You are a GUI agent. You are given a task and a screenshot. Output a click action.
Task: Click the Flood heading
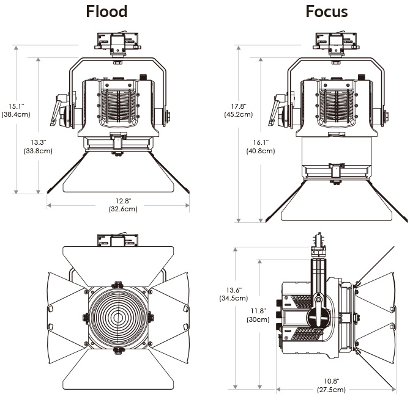point(106,12)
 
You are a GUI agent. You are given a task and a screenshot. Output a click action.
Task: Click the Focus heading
point(327,12)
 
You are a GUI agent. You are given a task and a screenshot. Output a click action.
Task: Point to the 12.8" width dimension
point(118,200)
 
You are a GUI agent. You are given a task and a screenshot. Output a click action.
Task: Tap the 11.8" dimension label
point(260,310)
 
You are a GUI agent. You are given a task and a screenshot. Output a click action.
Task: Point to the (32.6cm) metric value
point(118,209)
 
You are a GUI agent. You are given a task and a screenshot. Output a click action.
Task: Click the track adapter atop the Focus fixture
point(335,43)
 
